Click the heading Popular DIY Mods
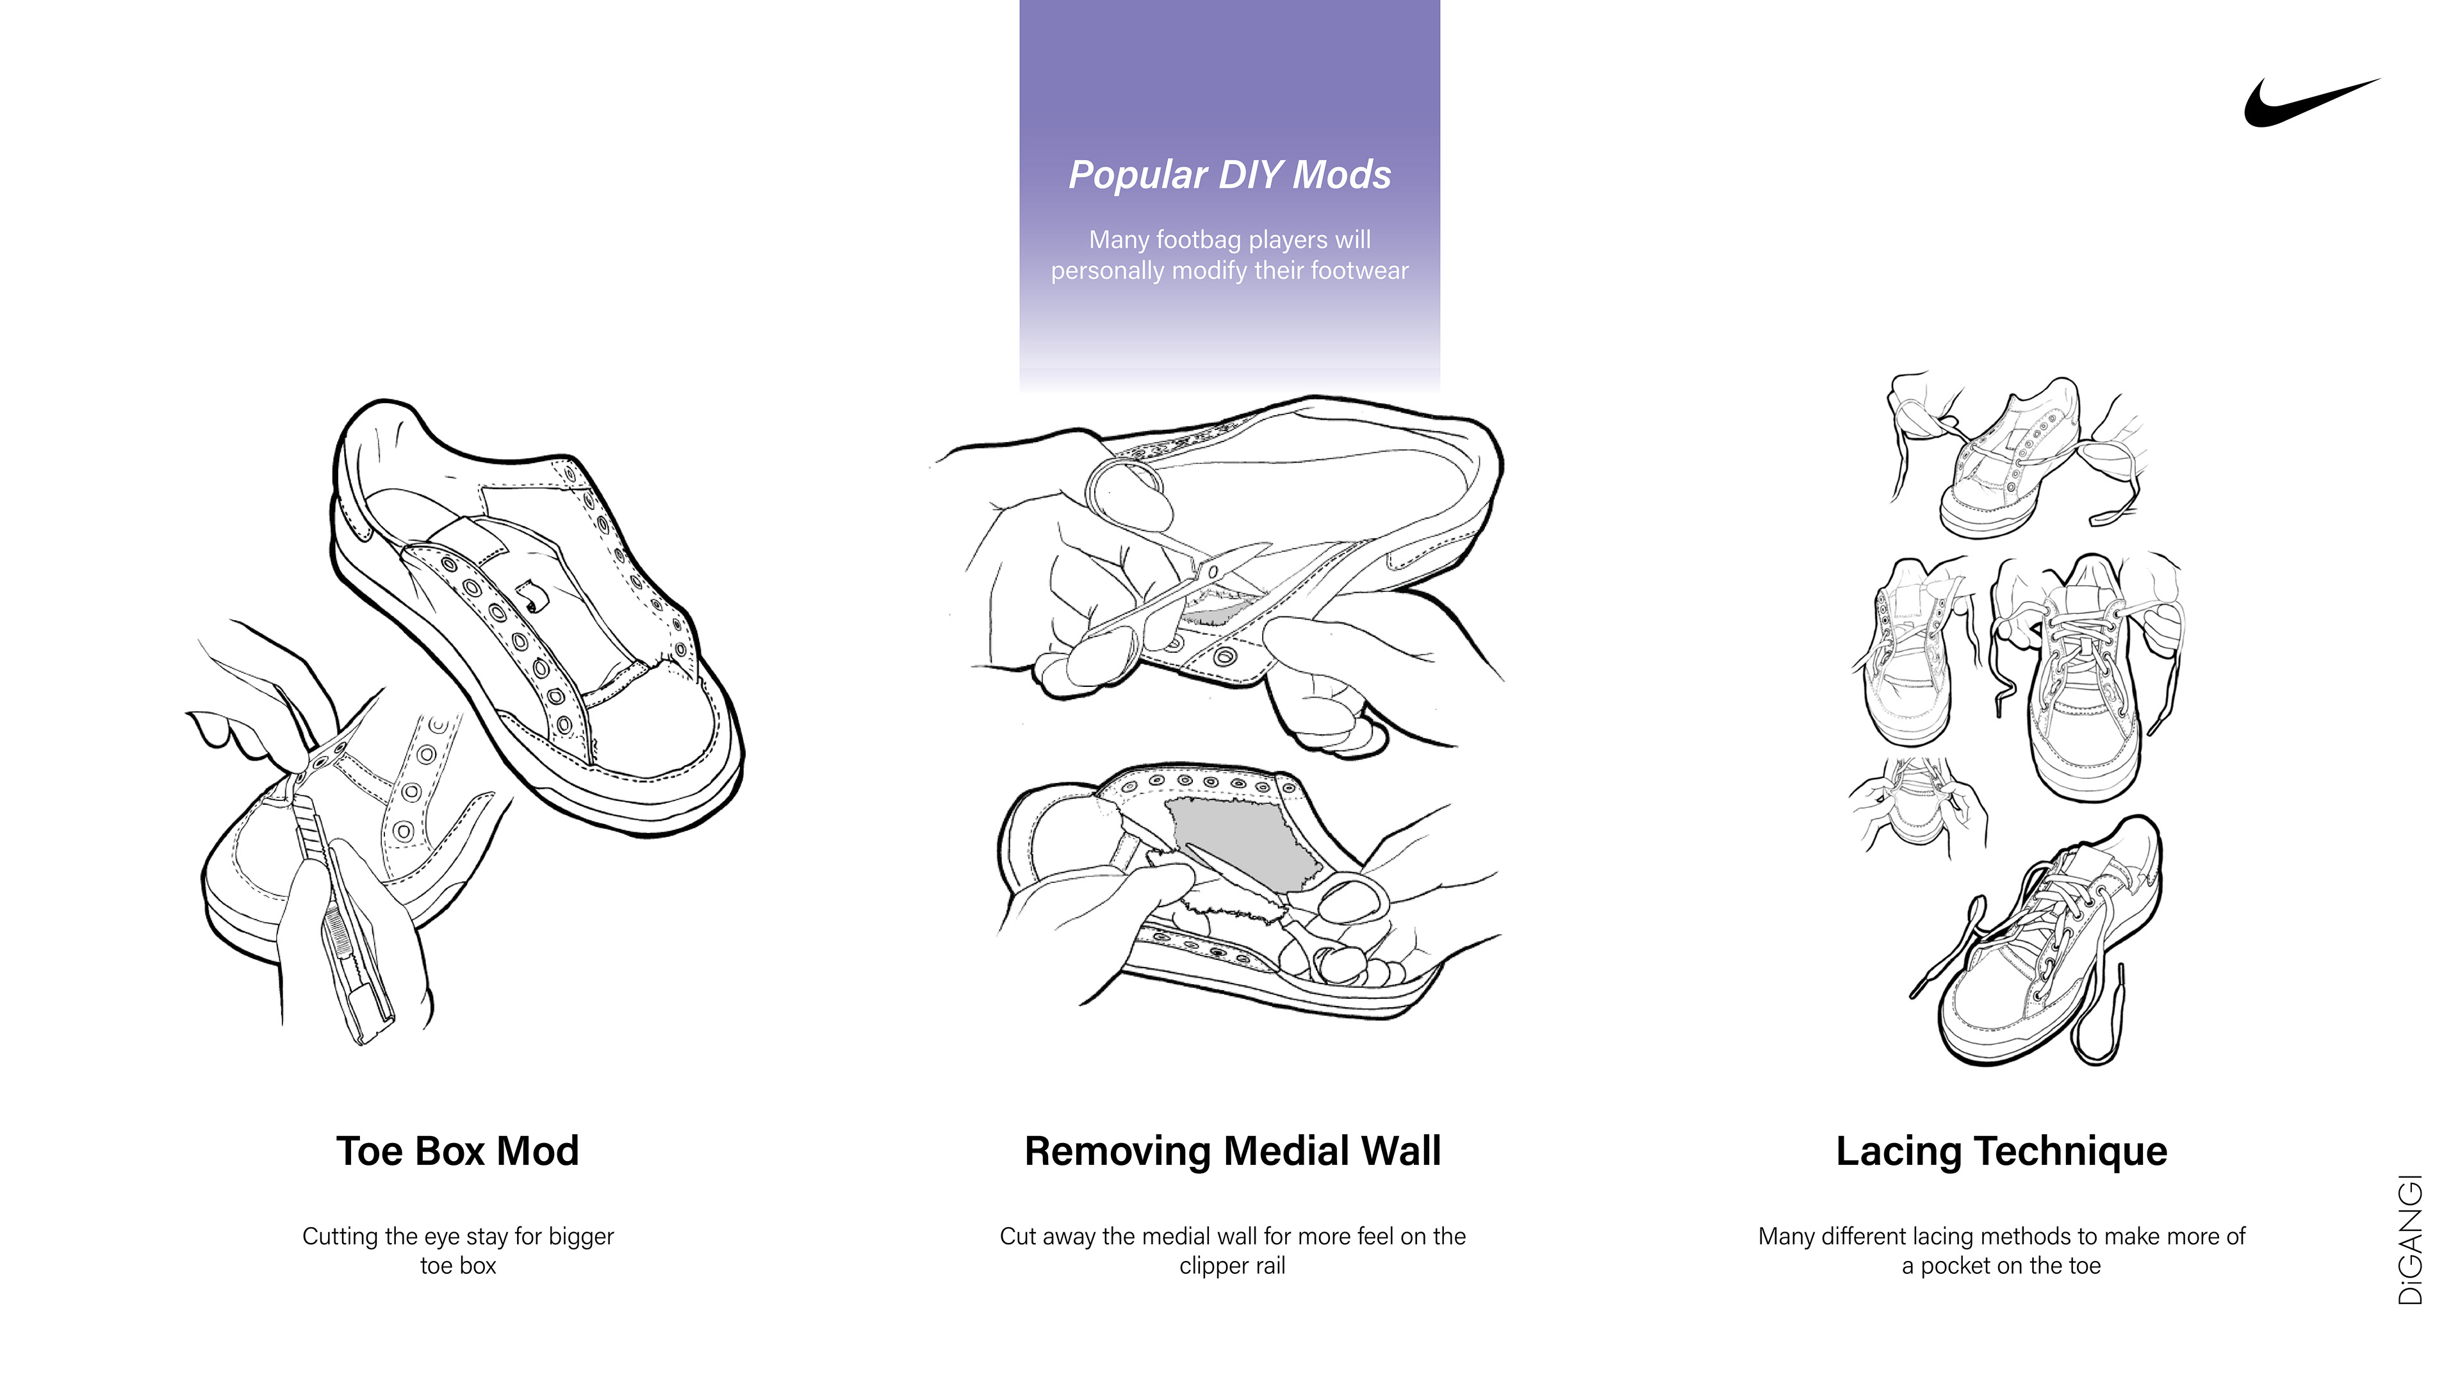[x=1229, y=175]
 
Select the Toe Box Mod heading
[x=457, y=1151]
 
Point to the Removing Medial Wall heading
[x=1232, y=1151]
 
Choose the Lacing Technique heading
[x=2001, y=1151]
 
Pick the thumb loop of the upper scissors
[x=1127, y=487]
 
